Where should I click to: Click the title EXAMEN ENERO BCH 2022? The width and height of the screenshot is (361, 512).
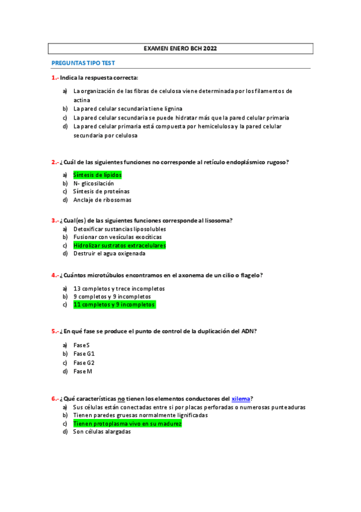click(181, 48)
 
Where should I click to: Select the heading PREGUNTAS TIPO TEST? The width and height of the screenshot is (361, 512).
click(83, 63)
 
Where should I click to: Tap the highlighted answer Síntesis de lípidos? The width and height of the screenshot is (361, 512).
click(97, 175)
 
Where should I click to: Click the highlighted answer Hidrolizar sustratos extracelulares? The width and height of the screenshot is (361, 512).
click(119, 246)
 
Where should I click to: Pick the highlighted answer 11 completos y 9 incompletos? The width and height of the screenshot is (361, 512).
click(114, 305)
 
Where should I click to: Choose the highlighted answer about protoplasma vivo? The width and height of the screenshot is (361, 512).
click(127, 424)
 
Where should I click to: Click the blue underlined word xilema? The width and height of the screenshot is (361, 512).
click(241, 398)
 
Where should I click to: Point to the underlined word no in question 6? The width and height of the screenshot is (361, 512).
click(121, 398)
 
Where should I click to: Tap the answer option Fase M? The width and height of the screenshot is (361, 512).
click(83, 371)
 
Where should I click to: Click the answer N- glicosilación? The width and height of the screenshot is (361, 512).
click(93, 183)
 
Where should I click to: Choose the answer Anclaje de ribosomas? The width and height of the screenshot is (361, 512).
click(102, 200)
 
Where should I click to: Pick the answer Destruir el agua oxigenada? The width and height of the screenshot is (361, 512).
click(109, 254)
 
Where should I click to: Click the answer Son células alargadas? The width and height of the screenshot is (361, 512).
click(102, 432)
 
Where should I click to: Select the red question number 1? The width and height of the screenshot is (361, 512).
click(55, 77)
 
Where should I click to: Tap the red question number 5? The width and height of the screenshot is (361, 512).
click(55, 331)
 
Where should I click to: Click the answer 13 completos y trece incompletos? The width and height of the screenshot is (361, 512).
click(119, 289)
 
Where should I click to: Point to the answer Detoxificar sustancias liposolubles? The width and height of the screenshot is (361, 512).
click(119, 229)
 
